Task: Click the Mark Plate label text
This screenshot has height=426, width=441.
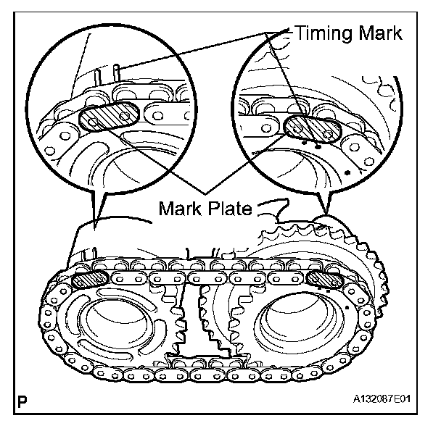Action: [x=205, y=209]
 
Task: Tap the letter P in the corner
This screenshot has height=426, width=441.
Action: [x=25, y=400]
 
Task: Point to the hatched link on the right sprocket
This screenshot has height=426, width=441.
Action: [x=325, y=279]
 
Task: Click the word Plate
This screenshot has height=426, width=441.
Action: [x=231, y=209]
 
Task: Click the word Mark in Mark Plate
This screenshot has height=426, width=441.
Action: [x=182, y=209]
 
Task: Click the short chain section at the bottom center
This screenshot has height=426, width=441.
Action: [x=198, y=361]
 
